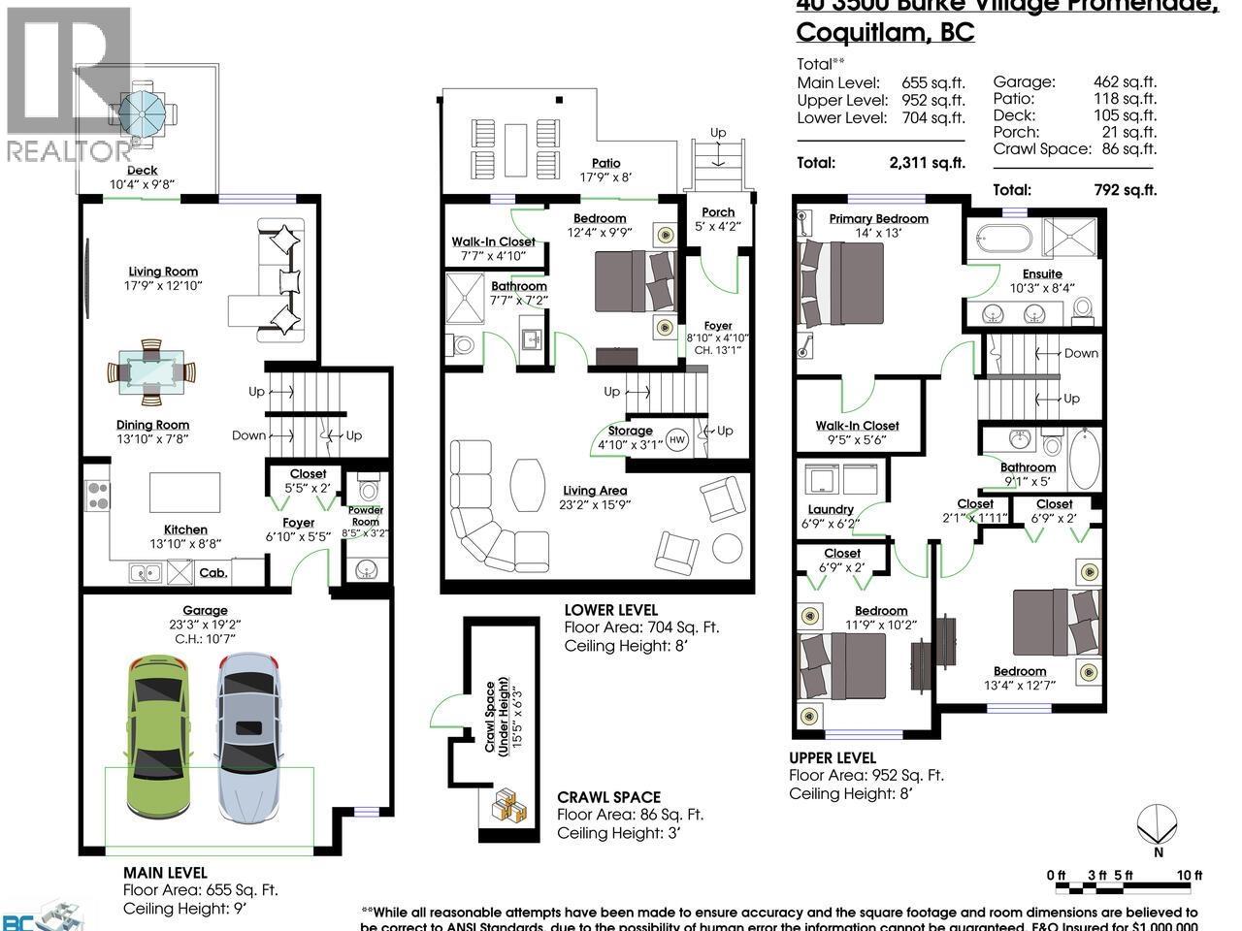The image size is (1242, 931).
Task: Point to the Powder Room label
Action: (x=366, y=515)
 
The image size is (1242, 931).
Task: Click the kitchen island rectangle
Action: (x=184, y=492)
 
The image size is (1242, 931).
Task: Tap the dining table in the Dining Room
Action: (x=149, y=370)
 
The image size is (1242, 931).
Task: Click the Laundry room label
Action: (x=831, y=510)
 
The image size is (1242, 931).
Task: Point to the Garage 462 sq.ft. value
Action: (x=1125, y=83)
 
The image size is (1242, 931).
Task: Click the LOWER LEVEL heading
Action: (x=610, y=610)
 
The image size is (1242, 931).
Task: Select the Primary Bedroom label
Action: (x=878, y=219)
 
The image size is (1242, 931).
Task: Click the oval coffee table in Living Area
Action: (x=529, y=482)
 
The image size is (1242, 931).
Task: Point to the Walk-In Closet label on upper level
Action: (x=857, y=426)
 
